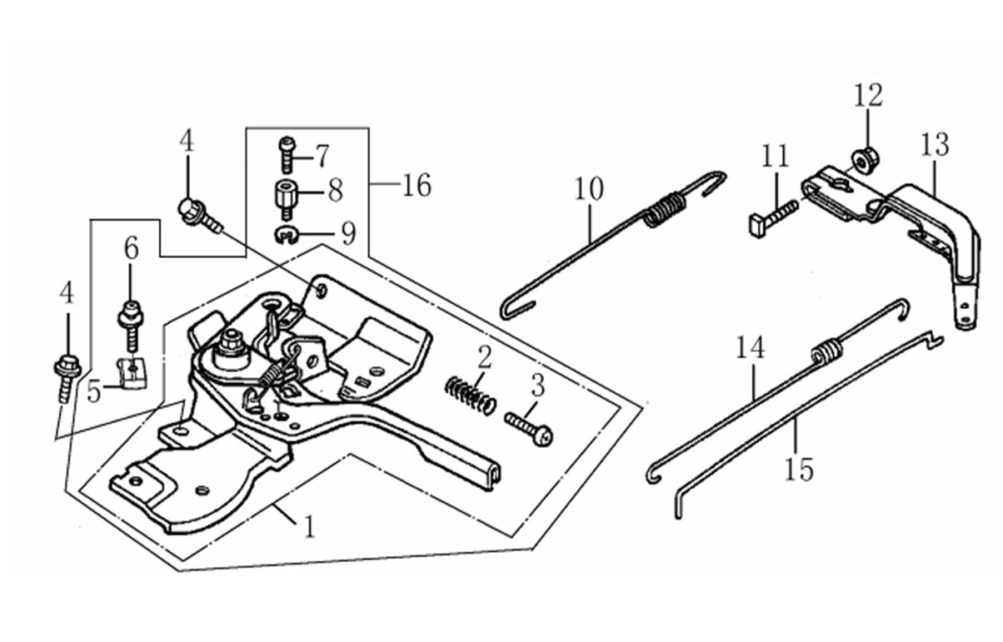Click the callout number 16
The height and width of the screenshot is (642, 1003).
(x=417, y=186)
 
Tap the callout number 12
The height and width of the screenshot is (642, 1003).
(x=868, y=96)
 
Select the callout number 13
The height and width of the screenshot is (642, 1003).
(x=935, y=145)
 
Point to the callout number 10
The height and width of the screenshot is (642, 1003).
(x=589, y=189)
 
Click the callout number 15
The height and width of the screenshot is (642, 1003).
(x=799, y=470)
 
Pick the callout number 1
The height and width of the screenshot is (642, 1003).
(x=309, y=526)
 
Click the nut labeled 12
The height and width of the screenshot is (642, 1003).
(x=864, y=162)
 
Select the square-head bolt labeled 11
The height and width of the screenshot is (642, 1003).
(x=773, y=219)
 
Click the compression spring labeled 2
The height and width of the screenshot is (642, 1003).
(x=470, y=396)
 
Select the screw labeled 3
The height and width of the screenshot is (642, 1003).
(x=529, y=430)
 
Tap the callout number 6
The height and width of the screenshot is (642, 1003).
(x=131, y=248)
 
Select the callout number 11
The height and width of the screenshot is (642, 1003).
(x=775, y=156)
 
